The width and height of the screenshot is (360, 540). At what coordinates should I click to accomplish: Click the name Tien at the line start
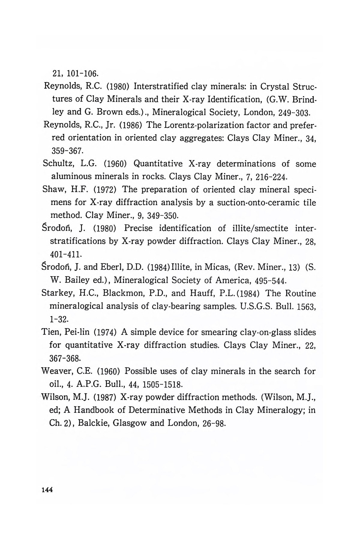click(x=50, y=332)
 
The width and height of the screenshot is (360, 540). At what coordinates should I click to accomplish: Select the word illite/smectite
click(x=254, y=229)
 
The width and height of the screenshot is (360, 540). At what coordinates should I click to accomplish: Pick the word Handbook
click(x=98, y=410)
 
